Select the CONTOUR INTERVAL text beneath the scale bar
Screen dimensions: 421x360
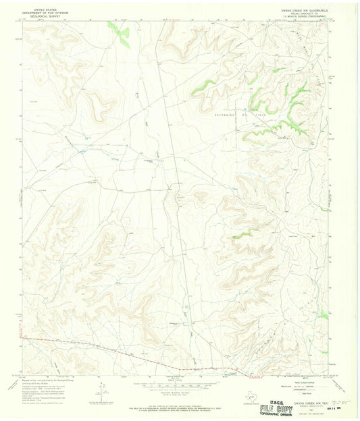(x=180, y=389)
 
